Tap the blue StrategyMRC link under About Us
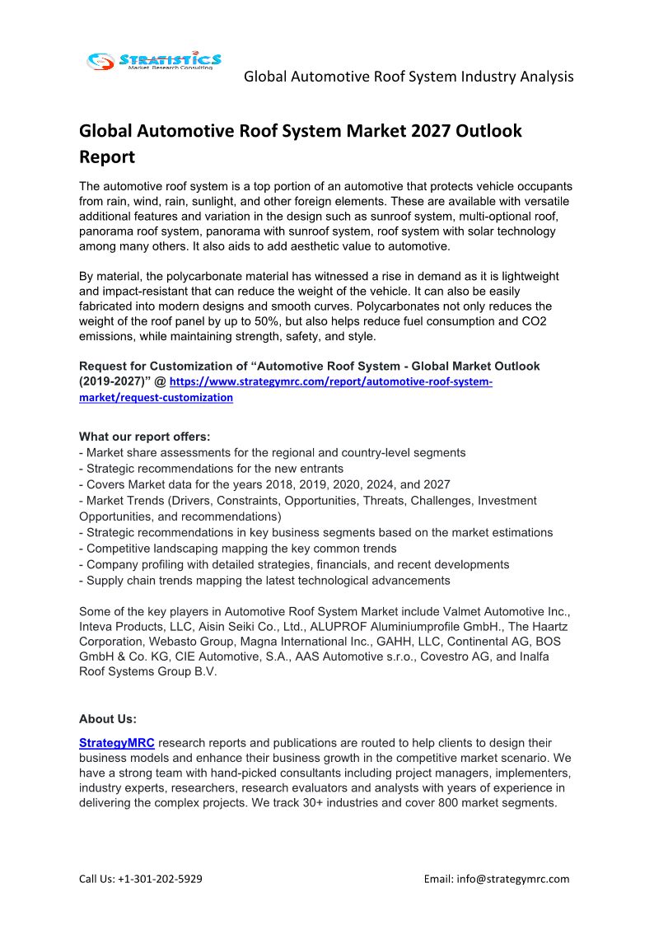tap(116, 743)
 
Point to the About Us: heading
tap(108, 718)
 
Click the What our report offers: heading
tap(144, 437)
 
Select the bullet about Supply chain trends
tap(264, 581)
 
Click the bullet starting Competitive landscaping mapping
tap(241, 549)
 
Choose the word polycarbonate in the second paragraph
tap(196, 277)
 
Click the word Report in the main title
tap(106, 156)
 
